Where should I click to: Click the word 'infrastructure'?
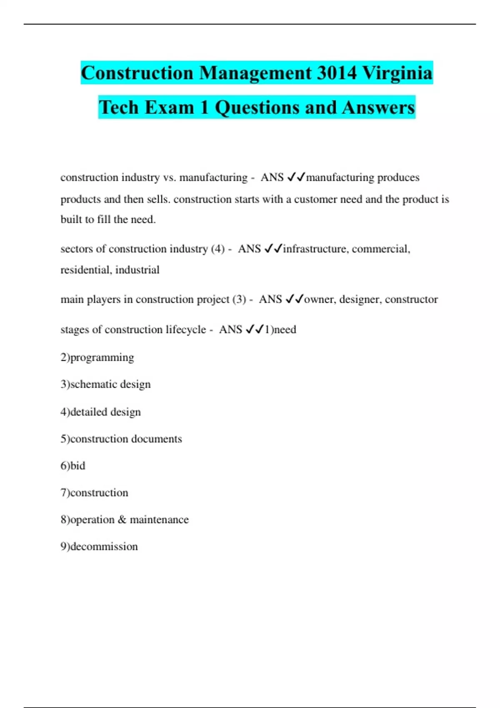pyautogui.click(x=316, y=249)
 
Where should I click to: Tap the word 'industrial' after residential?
pyautogui.click(x=137, y=270)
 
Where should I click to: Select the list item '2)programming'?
pyautogui.click(x=97, y=357)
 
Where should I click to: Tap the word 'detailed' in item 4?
pyautogui.click(x=89, y=412)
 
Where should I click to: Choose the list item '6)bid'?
pyautogui.click(x=73, y=466)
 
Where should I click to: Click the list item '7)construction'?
pyautogui.click(x=94, y=493)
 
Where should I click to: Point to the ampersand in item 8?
pyautogui.click(x=122, y=520)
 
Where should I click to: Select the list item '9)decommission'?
pyautogui.click(x=99, y=546)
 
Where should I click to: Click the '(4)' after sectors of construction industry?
pyautogui.click(x=218, y=249)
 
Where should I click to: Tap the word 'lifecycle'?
pyautogui.click(x=186, y=329)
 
